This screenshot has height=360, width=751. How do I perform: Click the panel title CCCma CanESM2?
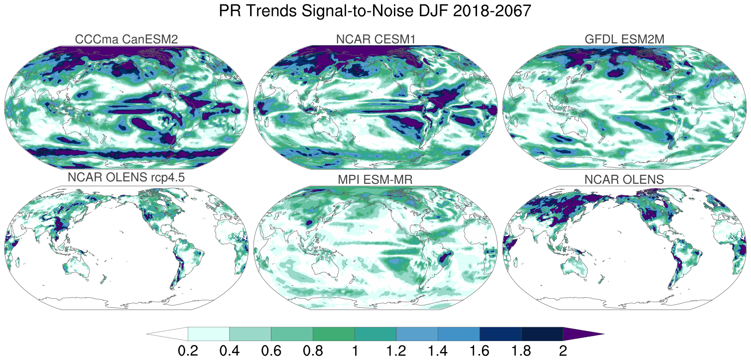(126, 39)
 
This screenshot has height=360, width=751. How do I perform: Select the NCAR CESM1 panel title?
(375, 39)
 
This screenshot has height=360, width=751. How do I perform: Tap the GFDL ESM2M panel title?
(625, 39)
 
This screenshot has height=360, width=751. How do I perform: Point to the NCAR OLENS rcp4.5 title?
(126, 179)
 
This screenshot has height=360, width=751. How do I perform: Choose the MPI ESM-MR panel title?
(375, 179)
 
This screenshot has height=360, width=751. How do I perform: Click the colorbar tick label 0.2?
(188, 350)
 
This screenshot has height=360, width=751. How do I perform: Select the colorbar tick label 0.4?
(230, 350)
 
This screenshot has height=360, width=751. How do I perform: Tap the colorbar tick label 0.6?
(271, 350)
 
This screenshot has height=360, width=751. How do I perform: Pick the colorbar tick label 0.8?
(313, 350)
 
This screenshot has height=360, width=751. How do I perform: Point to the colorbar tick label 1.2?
(396, 350)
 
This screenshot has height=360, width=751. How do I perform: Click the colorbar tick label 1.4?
(438, 350)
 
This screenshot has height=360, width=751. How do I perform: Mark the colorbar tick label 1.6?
(480, 350)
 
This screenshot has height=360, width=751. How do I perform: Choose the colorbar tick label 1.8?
(521, 350)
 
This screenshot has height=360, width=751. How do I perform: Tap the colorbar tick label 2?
(563, 350)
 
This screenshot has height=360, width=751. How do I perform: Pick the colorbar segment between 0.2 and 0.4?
(209, 334)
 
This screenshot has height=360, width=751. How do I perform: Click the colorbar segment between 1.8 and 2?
(542, 334)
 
